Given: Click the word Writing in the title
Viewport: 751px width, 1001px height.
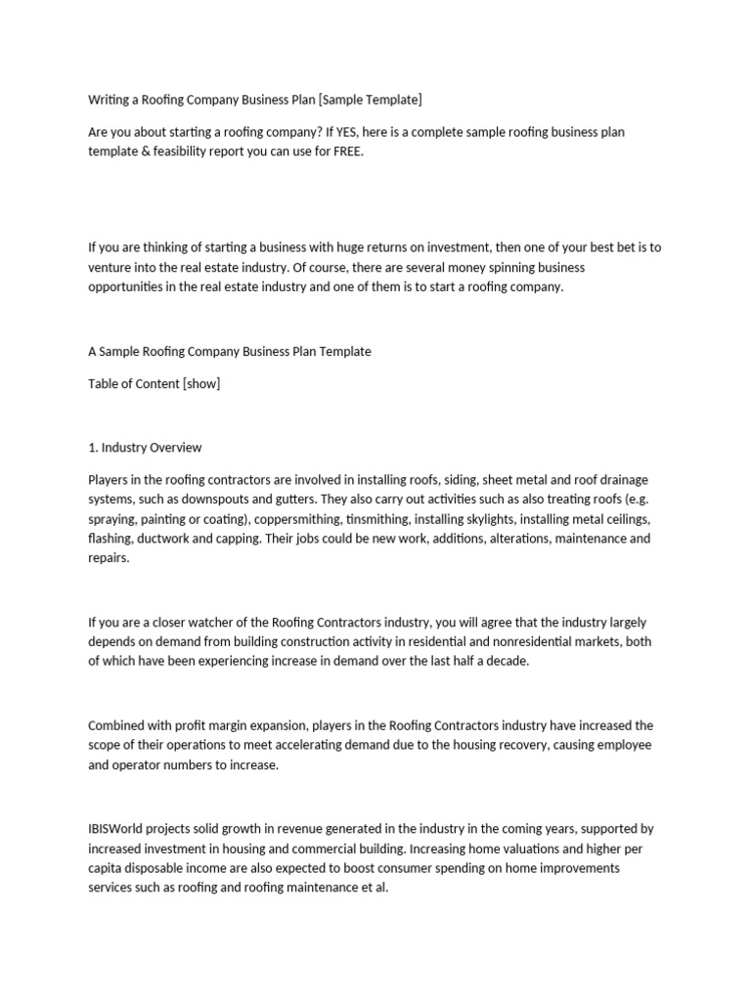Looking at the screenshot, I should [109, 100].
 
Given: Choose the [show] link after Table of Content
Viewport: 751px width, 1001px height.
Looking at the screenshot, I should [200, 383].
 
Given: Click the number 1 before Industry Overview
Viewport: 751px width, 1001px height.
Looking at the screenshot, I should [92, 448].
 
